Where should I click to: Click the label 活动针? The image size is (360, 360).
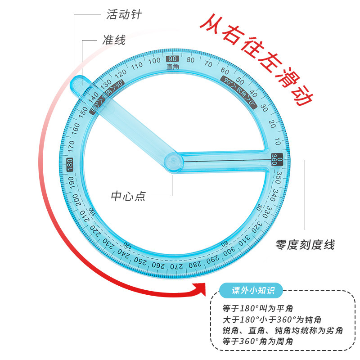(x=124, y=14)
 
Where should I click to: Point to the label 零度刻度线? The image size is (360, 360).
(x=305, y=245)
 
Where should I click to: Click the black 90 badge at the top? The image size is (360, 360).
(x=172, y=59)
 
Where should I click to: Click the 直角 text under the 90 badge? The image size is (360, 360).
(x=172, y=67)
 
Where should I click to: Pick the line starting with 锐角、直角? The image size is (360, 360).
(x=283, y=331)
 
